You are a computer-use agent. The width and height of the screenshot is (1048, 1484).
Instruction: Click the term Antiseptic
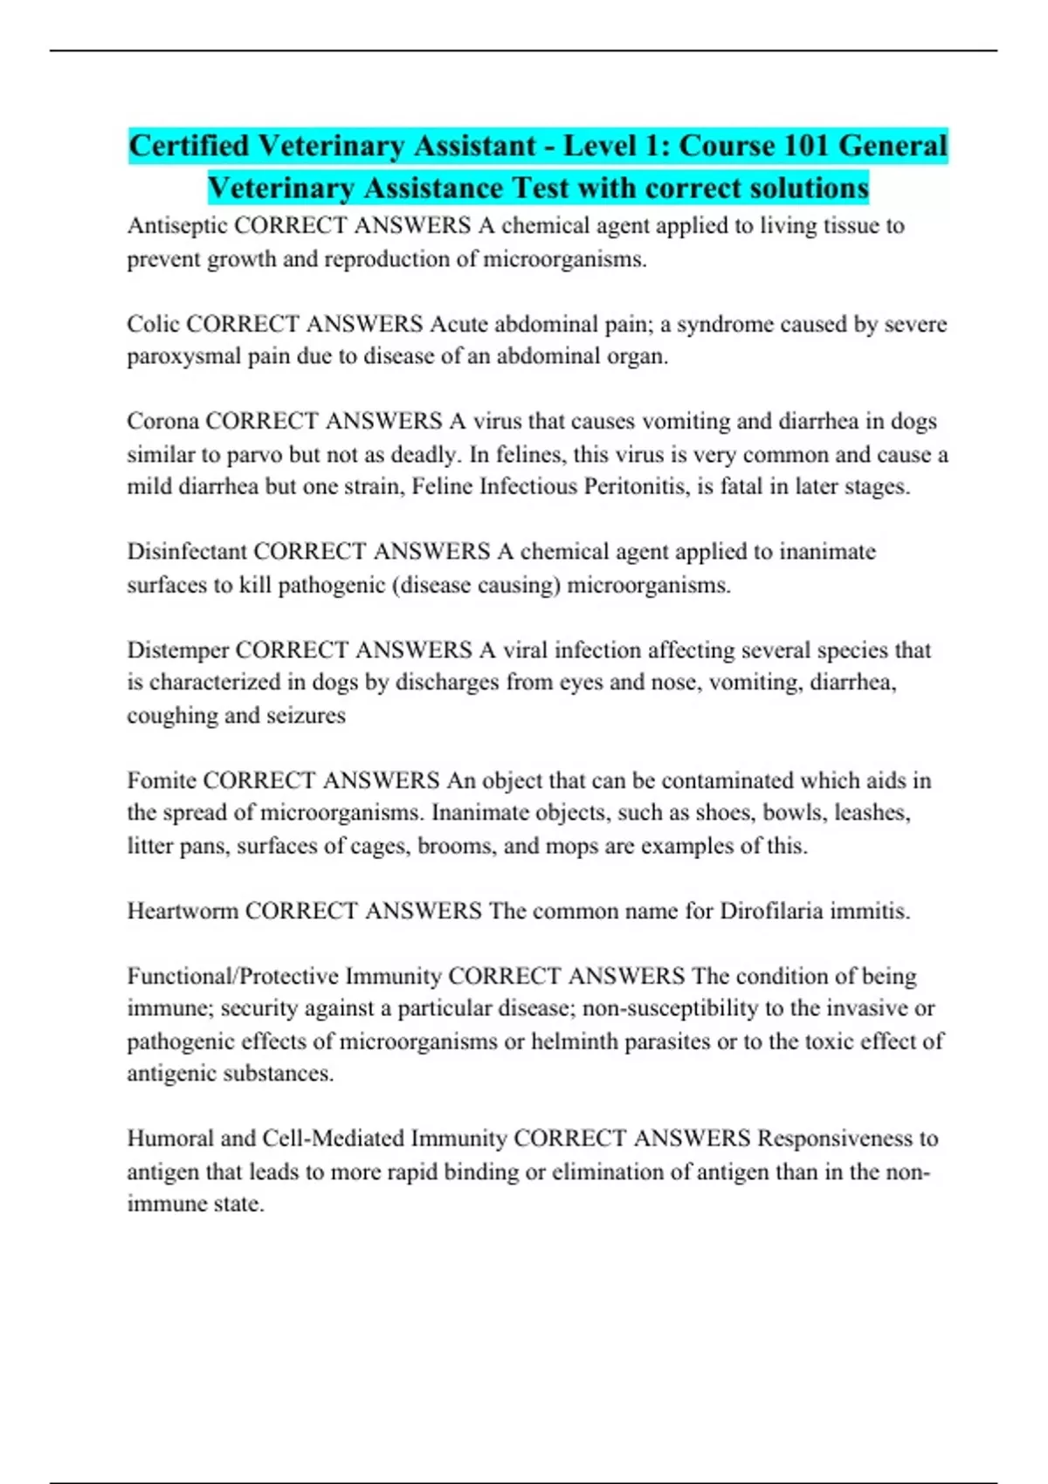pos(177,226)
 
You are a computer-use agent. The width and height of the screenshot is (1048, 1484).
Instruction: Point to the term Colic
pos(153,324)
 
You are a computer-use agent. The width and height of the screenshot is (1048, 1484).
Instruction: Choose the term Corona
pos(162,422)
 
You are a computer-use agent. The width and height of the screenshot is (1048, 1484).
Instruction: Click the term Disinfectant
pos(186,552)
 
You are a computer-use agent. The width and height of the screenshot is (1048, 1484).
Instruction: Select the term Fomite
pos(161,780)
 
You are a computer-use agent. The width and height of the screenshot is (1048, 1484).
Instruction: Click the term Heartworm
pos(183,911)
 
